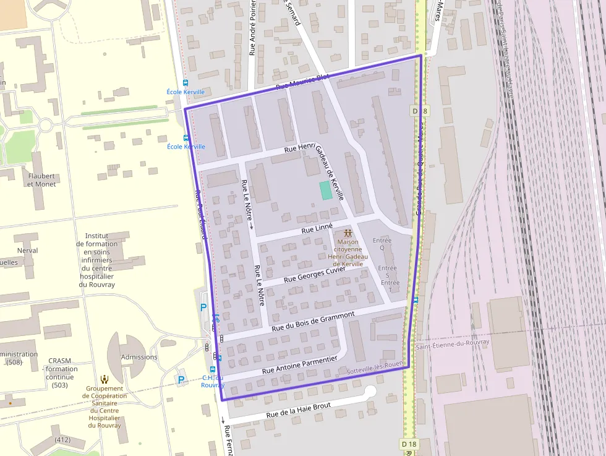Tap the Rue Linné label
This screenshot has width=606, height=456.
coord(317,228)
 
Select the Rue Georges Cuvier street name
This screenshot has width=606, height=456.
coord(314,275)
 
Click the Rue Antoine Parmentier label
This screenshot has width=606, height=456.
coord(299,365)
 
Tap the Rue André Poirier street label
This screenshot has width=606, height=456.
coord(252,28)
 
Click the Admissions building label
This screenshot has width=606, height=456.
coord(139,357)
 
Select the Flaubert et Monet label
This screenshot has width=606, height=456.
coord(41,180)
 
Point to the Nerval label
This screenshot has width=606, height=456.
coord(28,251)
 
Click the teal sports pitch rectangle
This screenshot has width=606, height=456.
coord(325,190)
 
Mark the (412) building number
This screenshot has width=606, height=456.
coord(62,440)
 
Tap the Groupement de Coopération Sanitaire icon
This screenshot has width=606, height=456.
coord(105,379)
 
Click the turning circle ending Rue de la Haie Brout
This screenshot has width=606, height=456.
coord(370,392)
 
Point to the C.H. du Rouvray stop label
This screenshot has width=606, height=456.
coord(212,381)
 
